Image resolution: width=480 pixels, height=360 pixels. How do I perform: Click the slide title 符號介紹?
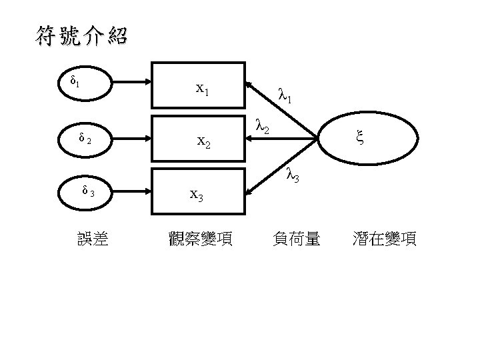pos(81,36)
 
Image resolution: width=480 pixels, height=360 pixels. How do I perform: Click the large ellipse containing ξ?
pos(369,139)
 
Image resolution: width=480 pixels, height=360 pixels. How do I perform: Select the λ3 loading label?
pos(292,175)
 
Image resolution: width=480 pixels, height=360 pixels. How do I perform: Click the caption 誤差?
pos(94,239)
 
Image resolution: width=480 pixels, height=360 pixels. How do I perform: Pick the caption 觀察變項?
pos(201,239)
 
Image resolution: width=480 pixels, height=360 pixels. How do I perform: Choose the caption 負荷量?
pos(297,239)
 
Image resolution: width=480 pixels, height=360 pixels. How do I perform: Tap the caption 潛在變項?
pos(385,239)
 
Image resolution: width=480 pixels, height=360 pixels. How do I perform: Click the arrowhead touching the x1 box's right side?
pos(248,85)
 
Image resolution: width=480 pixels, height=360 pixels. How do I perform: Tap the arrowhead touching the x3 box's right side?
pos(248,193)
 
